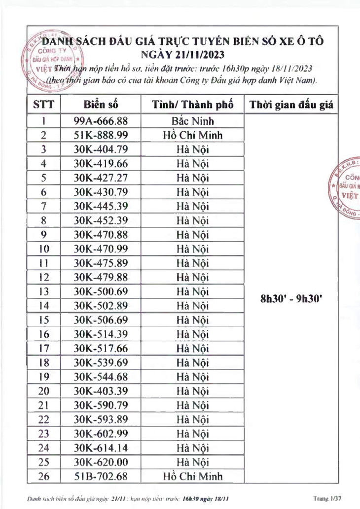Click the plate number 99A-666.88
click(x=101, y=121)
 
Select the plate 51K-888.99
click(x=101, y=135)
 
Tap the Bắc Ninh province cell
click(x=193, y=121)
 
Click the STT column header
click(x=44, y=105)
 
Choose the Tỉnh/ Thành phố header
click(x=193, y=105)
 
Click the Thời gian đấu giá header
click(x=291, y=105)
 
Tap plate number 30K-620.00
click(x=101, y=462)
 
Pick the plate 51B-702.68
click(x=101, y=476)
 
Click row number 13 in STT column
click(x=44, y=291)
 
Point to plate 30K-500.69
click(x=101, y=291)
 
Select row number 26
click(x=44, y=476)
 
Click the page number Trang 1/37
click(x=327, y=499)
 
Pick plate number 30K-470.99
click(x=101, y=249)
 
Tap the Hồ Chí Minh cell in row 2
click(x=193, y=135)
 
